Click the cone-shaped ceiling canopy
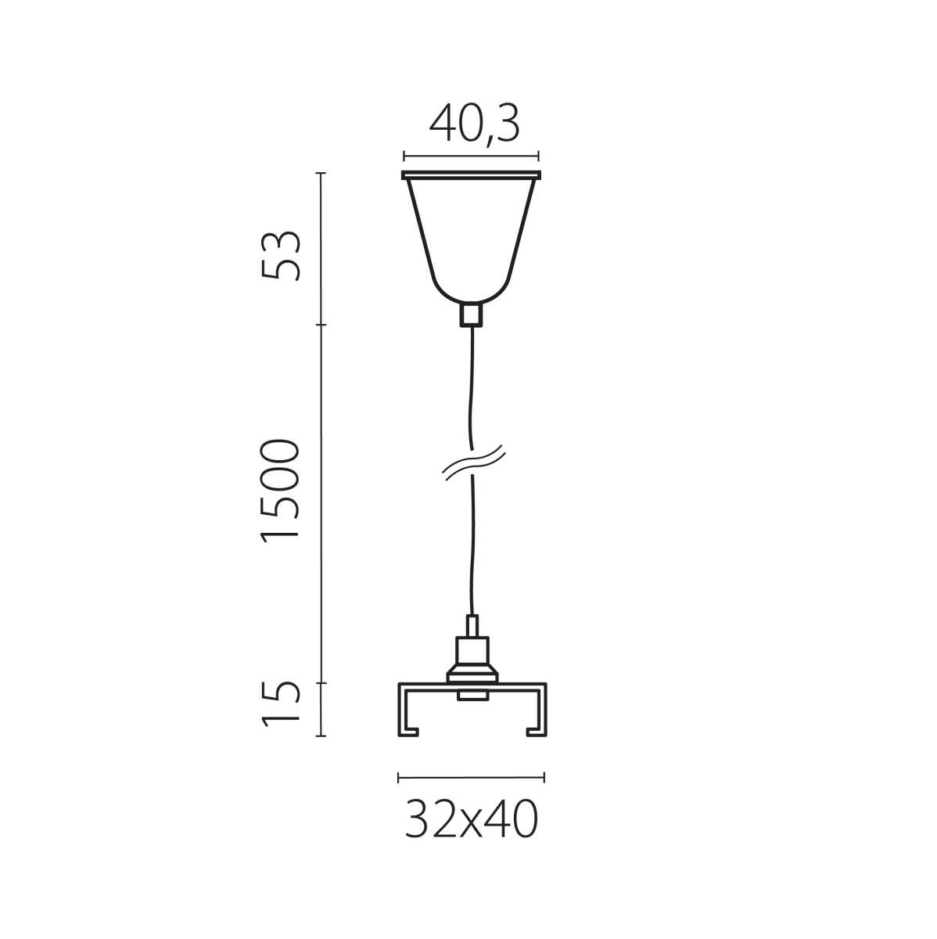coord(471,235)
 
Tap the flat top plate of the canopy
coord(471,174)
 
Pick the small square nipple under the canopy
coord(471,315)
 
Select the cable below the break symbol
coord(472,548)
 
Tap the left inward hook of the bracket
coord(410,732)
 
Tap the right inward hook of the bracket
coord(536,732)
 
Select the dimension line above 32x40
coord(472,778)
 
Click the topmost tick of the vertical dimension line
coord(321,173)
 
